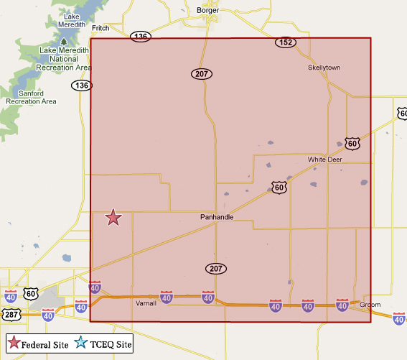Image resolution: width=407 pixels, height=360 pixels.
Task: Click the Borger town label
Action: point(207,10)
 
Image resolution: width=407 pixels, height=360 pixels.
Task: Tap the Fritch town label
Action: point(100,28)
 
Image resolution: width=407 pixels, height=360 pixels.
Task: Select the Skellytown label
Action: point(324,68)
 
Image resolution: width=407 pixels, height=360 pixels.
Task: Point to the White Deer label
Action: point(325,160)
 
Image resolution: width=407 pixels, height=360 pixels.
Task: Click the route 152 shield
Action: point(285,43)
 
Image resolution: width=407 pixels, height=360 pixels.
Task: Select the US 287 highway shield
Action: point(11,315)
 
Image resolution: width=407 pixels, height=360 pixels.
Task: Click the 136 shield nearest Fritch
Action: point(141,37)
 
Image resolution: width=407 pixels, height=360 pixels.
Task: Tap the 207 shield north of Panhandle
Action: point(201,74)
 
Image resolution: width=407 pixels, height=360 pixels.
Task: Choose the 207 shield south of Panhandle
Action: point(216,269)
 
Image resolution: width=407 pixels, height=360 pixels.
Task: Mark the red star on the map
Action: point(113,217)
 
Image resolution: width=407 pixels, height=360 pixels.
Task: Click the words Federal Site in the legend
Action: point(45,345)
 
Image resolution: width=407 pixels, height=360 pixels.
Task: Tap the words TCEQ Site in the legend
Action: point(111,345)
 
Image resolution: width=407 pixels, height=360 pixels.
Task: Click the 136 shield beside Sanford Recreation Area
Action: point(80,86)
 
